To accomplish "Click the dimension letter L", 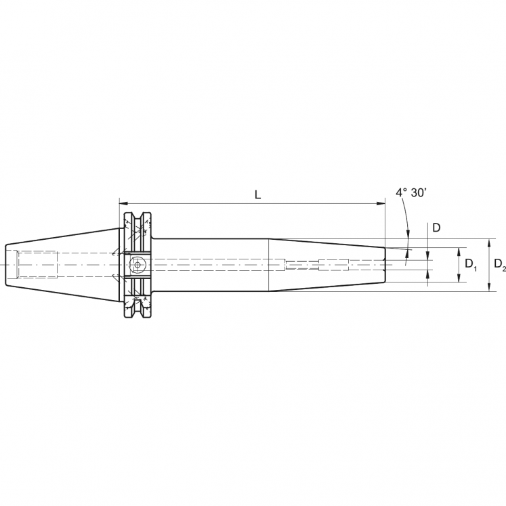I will [x=257, y=194].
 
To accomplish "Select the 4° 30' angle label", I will [x=411, y=193].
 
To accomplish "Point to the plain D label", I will [x=437, y=228].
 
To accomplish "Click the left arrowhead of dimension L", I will [x=123, y=203].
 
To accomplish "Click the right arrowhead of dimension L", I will [x=381, y=203].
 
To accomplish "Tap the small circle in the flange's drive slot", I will [x=138, y=264].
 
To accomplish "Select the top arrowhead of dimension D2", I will [x=489, y=242].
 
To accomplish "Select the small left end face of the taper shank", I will [x=6, y=264].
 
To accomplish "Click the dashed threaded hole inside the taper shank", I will [x=37, y=264].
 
